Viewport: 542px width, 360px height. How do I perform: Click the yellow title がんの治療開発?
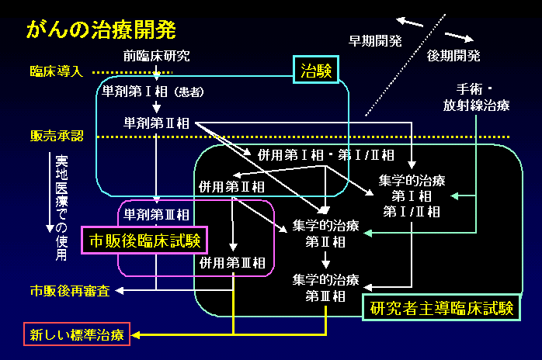[101, 30]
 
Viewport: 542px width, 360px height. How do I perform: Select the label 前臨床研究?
[156, 56]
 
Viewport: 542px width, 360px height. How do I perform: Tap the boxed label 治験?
[316, 71]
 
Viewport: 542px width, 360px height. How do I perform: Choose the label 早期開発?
[375, 41]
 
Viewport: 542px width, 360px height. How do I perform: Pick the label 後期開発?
[453, 56]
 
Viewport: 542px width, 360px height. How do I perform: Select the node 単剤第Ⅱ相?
[156, 123]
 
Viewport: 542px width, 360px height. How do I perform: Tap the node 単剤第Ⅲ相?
[156, 214]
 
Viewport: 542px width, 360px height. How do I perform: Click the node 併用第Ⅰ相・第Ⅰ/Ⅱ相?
[324, 154]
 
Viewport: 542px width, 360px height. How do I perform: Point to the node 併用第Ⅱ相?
[231, 186]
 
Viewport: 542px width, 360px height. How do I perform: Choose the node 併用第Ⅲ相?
[233, 262]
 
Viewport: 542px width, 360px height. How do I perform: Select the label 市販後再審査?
[69, 291]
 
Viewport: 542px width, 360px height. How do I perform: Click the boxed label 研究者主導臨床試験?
[441, 308]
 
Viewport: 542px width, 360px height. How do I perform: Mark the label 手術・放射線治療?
[477, 98]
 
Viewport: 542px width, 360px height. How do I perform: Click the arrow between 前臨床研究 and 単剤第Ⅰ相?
[157, 74]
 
